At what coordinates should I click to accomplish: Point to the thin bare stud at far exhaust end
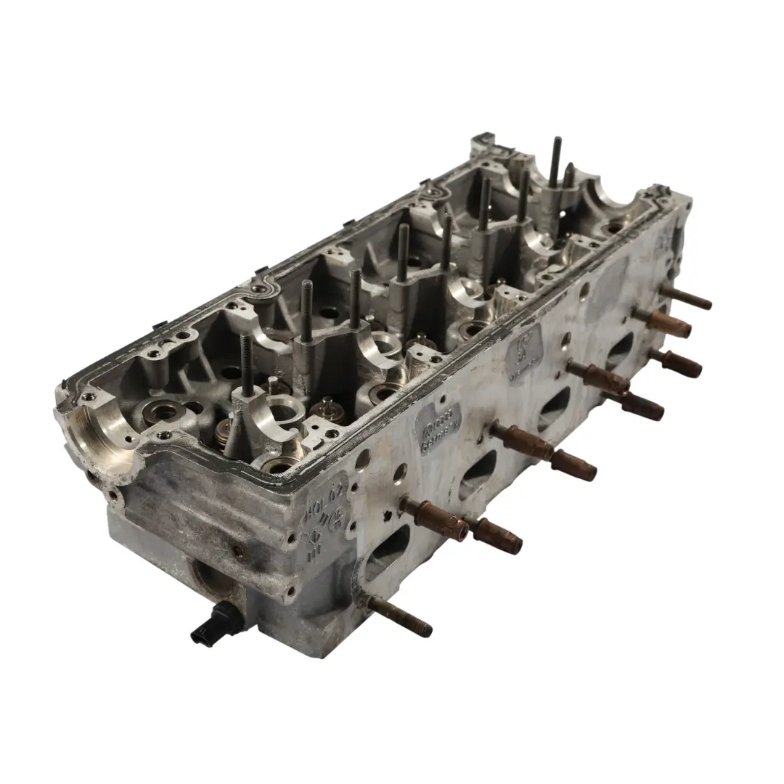(686, 298)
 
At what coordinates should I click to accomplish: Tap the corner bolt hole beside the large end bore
(88, 397)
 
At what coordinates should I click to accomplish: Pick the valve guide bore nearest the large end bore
(158, 415)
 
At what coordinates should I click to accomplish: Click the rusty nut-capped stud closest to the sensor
(436, 515)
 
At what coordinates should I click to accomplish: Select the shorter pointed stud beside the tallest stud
(570, 178)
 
